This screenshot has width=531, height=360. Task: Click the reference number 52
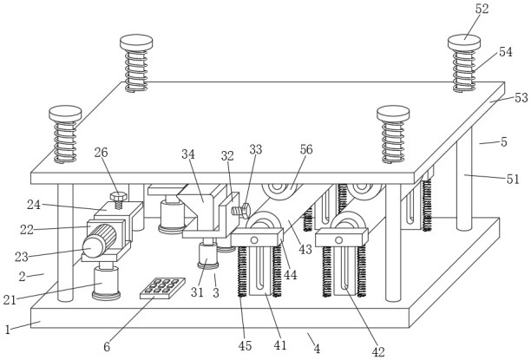[482, 9]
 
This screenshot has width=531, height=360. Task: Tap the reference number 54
[505, 52]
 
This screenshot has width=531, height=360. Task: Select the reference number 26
[101, 153]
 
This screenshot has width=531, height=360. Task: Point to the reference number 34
[188, 154]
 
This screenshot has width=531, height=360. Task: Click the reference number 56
[306, 149]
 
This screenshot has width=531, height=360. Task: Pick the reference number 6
[107, 347]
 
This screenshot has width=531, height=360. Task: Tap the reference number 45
[246, 346]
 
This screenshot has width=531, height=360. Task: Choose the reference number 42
[378, 352]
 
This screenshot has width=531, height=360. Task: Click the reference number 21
[10, 300]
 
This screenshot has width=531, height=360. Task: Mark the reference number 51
[513, 179]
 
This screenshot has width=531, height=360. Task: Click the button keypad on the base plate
[162, 288]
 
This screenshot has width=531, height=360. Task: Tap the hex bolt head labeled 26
[119, 196]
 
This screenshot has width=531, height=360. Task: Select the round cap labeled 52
[464, 43]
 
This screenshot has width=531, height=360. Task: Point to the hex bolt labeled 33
[241, 212]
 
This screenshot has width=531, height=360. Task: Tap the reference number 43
[305, 250]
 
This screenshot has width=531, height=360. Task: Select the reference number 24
[34, 205]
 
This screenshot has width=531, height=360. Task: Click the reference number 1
[8, 329]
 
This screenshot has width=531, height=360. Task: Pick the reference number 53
[521, 97]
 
